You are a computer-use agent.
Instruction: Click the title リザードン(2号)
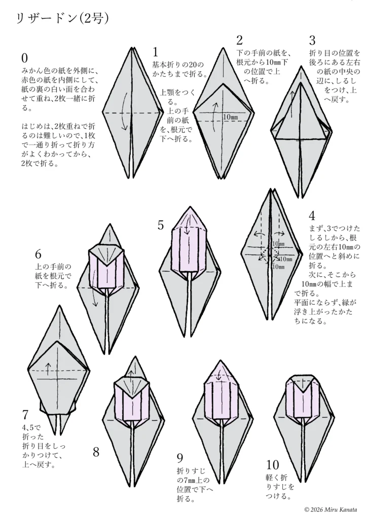[62, 19]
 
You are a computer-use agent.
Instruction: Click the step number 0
[24, 58]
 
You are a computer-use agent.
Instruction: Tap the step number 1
[155, 52]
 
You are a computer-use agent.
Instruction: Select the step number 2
[240, 40]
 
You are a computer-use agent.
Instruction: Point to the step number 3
[312, 41]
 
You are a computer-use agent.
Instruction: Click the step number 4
[312, 216]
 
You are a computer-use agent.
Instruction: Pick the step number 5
[161, 225]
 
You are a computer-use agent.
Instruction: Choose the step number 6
[38, 254]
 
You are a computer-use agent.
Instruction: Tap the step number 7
[25, 415]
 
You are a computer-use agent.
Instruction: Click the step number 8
[96, 451]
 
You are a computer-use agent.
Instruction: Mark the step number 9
[180, 458]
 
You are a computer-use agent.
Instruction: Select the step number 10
[272, 465]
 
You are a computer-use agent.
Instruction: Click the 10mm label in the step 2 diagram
[231, 117]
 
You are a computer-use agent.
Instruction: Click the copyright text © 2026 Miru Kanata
[331, 510]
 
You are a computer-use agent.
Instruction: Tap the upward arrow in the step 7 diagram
[48, 368]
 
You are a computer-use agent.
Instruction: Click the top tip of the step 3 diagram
[301, 66]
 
